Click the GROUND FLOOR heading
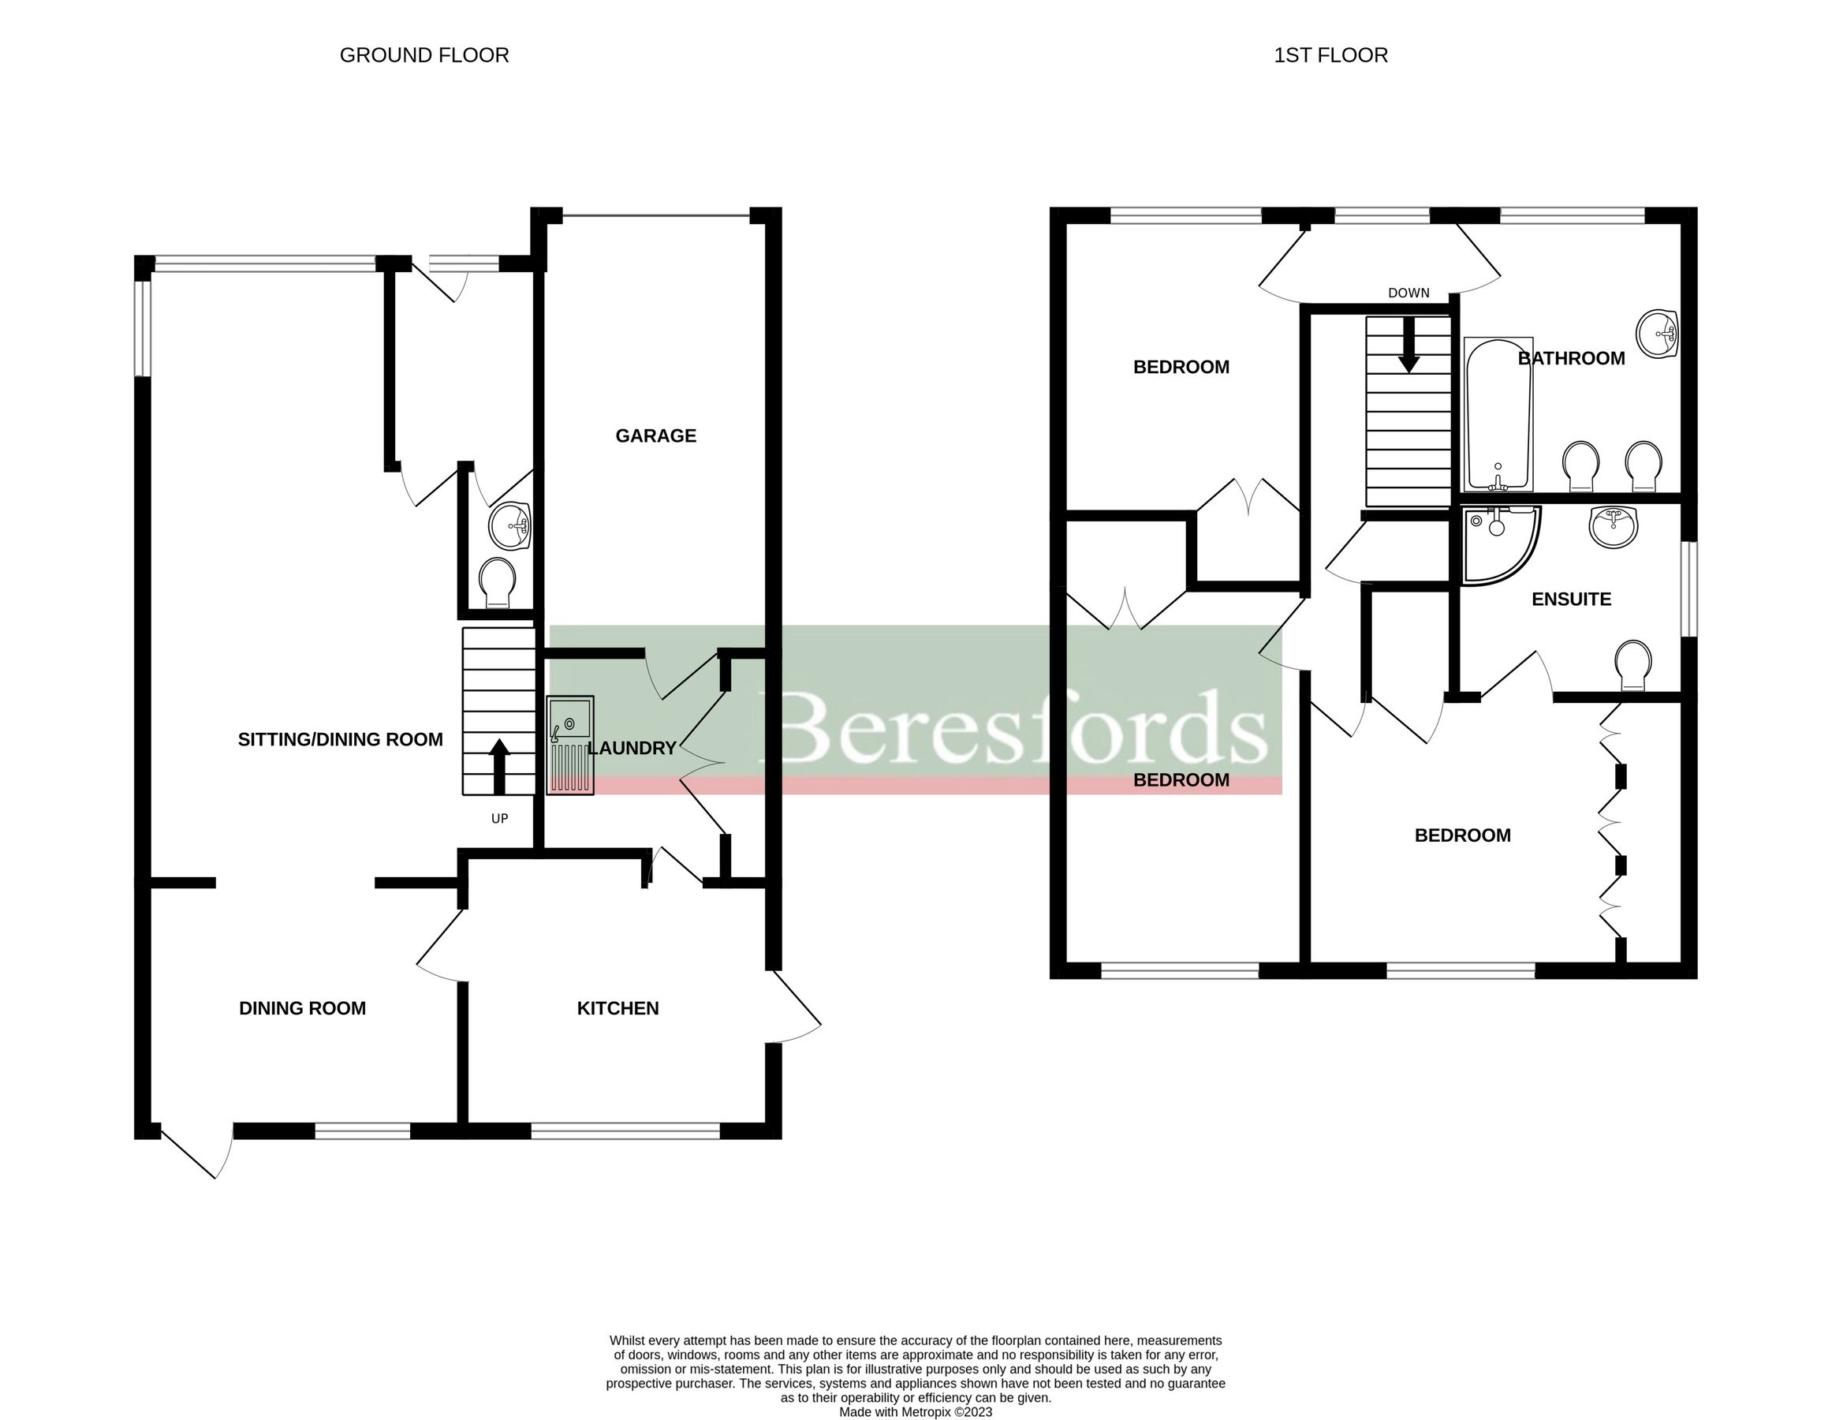(x=423, y=55)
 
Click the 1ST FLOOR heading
(x=1330, y=55)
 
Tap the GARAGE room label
(x=655, y=435)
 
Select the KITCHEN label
(x=618, y=1008)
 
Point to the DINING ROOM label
(x=302, y=1008)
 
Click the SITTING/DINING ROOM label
(x=340, y=739)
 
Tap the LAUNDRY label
(x=632, y=748)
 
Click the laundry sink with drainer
(x=570, y=745)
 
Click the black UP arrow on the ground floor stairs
(x=499, y=764)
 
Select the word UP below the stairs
(x=499, y=818)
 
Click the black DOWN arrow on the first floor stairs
(x=1409, y=345)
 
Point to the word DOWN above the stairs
(x=1409, y=293)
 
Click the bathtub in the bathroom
(x=1498, y=413)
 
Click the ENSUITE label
(x=1570, y=600)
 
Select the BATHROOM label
(x=1570, y=358)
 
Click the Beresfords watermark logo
(x=1015, y=726)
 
